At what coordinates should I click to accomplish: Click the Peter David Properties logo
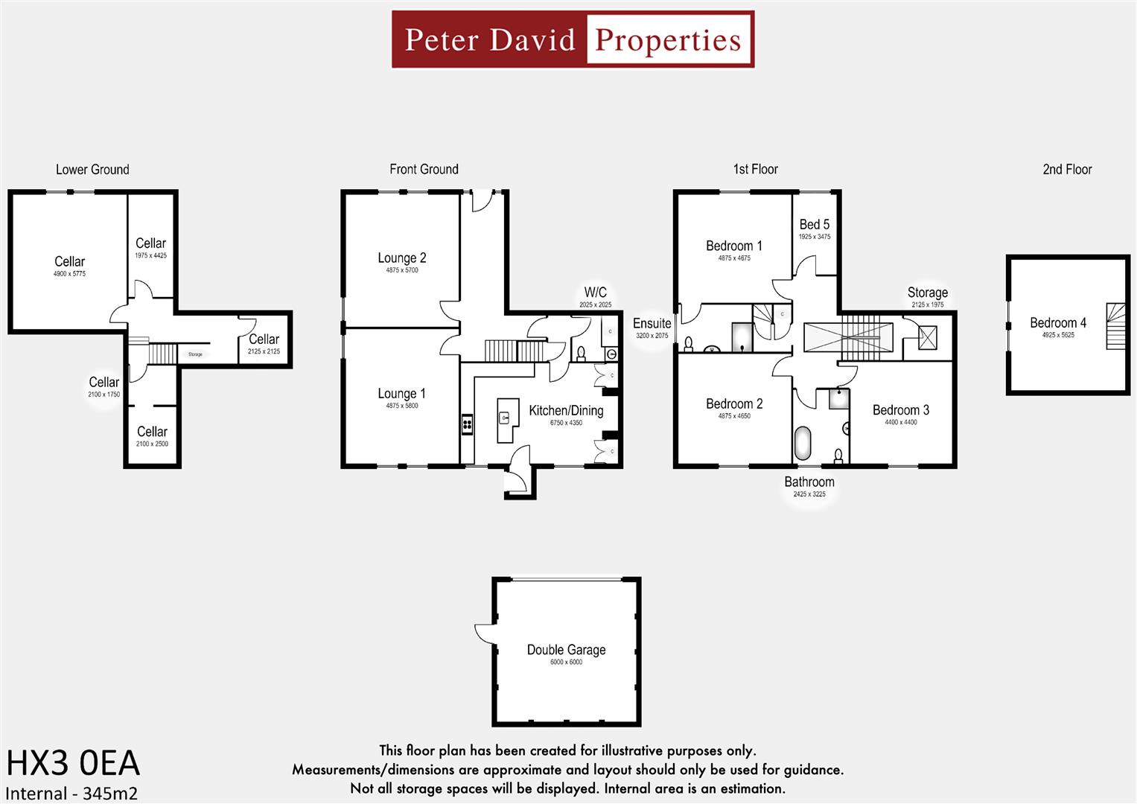(573, 39)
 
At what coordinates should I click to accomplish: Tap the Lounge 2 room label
(401, 258)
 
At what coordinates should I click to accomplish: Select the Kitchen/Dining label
(566, 410)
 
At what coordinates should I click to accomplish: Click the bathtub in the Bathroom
(803, 443)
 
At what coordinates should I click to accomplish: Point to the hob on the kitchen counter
(468, 424)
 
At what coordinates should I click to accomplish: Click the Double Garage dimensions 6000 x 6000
(566, 662)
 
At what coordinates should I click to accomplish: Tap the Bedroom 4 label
(1057, 322)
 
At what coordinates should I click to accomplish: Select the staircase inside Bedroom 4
(1115, 326)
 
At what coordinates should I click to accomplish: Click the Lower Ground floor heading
(92, 169)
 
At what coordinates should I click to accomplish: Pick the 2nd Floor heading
(1067, 169)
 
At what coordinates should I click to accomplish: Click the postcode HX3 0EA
(73, 764)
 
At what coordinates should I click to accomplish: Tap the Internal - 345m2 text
(71, 794)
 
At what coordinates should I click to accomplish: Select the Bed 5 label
(814, 224)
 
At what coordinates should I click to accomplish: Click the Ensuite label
(652, 323)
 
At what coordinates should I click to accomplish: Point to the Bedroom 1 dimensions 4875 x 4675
(734, 258)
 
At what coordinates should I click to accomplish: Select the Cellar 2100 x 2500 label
(152, 432)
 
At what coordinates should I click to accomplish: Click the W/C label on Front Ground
(595, 292)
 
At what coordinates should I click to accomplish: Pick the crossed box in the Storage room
(928, 338)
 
